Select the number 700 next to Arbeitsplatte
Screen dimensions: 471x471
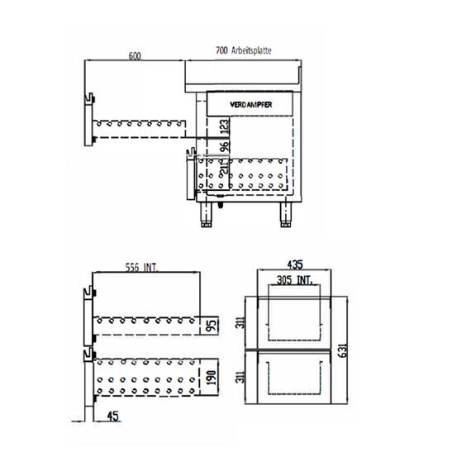[x=221, y=51]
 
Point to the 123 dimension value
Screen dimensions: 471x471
[x=225, y=127]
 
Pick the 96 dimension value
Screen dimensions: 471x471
[x=225, y=147]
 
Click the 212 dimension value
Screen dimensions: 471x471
[x=225, y=171]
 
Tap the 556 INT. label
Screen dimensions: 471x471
[x=142, y=267]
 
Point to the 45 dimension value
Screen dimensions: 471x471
[x=113, y=416]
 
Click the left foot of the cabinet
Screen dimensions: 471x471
[x=204, y=216]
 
